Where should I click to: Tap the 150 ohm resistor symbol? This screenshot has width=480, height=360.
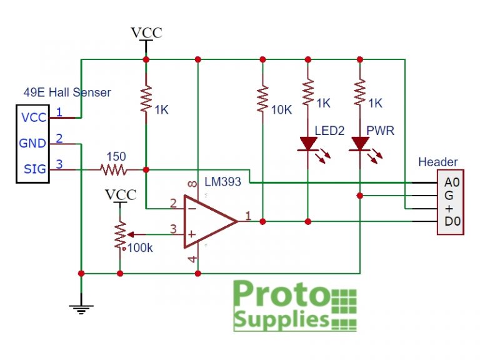click(114, 169)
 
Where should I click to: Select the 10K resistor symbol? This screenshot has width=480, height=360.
click(262, 101)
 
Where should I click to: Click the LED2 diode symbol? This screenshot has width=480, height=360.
click(308, 144)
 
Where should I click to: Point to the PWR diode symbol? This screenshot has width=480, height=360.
click(359, 144)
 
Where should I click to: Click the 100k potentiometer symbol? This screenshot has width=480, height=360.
click(119, 234)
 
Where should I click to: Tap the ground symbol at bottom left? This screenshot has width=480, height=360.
click(81, 306)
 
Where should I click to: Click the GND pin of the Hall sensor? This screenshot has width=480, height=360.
click(32, 143)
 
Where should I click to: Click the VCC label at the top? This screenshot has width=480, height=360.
click(146, 32)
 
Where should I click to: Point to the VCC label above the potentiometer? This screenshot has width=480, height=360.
click(120, 194)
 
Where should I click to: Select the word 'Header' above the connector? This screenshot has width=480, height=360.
click(437, 162)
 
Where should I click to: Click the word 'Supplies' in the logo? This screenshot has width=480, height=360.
click(281, 320)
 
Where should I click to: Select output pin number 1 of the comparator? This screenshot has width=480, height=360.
click(247, 216)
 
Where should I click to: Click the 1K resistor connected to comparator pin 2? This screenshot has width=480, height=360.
click(146, 101)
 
